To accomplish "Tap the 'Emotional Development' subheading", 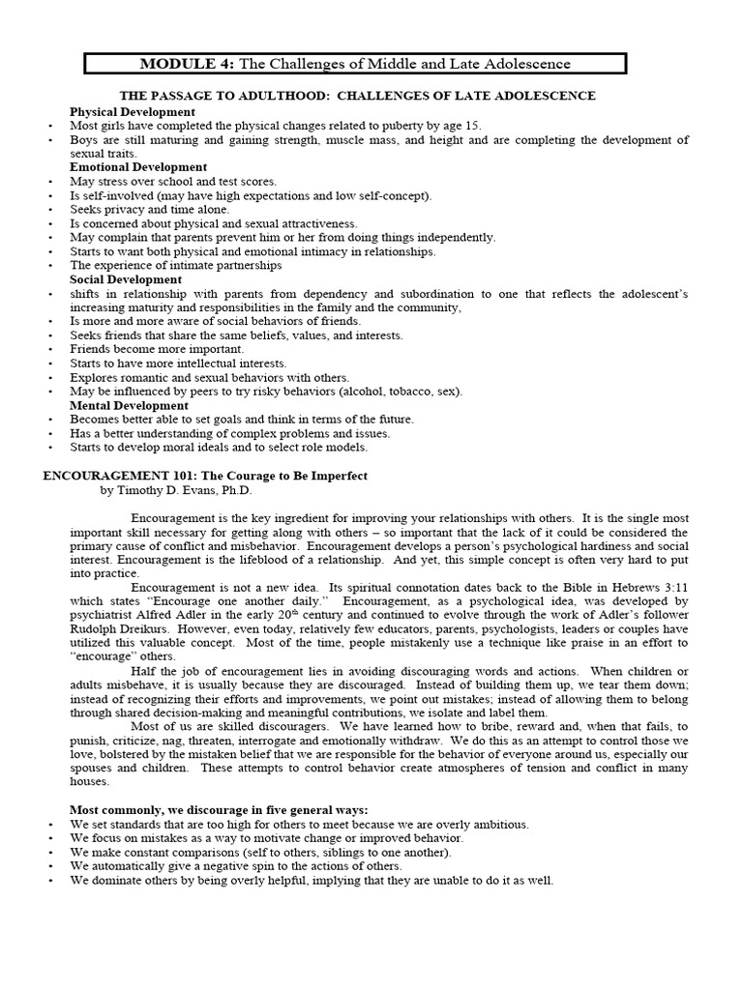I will pyautogui.click(x=137, y=167).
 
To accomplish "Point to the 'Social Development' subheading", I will pyautogui.click(x=125, y=279).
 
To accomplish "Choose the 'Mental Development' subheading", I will pyautogui.click(x=129, y=405).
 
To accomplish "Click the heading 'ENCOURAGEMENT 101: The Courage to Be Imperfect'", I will pyautogui.click(x=204, y=476).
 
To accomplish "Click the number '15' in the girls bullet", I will pyautogui.click(x=472, y=126).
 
